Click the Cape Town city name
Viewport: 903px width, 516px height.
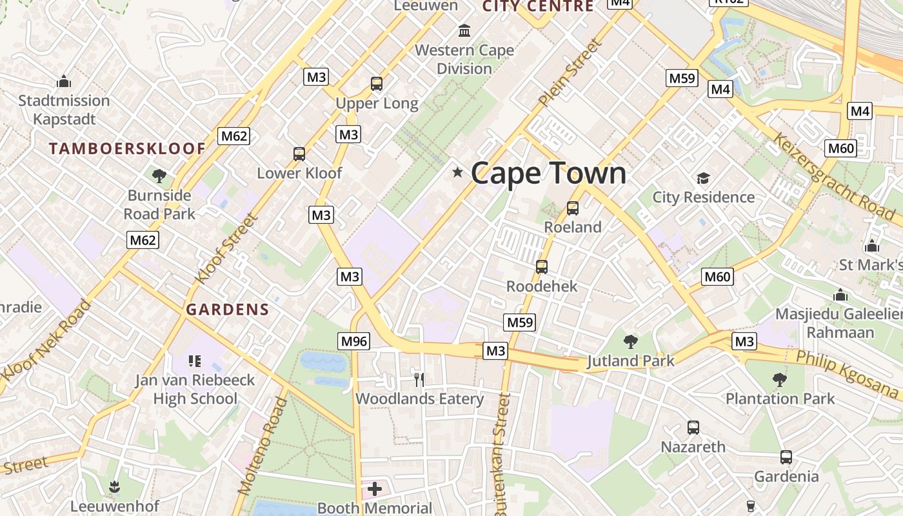tap(548, 173)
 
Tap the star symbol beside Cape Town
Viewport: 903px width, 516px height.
tap(458, 172)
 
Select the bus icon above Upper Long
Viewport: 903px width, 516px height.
tap(377, 84)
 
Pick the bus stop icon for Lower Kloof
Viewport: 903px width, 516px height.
tap(299, 154)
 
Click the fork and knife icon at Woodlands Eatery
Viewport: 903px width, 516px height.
tap(419, 379)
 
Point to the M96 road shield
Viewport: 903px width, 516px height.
tap(354, 341)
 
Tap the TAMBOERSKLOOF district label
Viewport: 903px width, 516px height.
tap(127, 149)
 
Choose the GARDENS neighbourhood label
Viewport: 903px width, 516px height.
tap(227, 310)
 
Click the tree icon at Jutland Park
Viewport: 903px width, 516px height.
tap(630, 342)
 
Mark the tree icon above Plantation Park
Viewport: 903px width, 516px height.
tap(780, 379)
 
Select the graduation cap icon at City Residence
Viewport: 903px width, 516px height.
tap(703, 178)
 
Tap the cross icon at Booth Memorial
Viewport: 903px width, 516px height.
tap(375, 489)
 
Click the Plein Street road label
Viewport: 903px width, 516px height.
tap(570, 72)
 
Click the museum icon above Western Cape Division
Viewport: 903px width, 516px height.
tap(464, 30)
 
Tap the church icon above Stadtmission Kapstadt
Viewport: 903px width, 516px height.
tap(64, 82)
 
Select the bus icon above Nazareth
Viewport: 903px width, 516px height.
tap(693, 427)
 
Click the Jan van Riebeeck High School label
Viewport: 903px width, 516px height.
tap(195, 389)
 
